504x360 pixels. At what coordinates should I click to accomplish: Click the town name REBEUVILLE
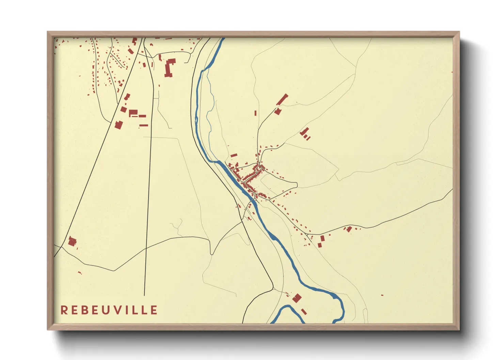pos(109,310)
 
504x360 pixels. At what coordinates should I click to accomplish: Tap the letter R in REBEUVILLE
pos(64,310)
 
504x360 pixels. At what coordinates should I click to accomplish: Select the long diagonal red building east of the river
pos(282,100)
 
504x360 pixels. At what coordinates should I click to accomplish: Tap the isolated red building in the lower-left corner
pos(72,242)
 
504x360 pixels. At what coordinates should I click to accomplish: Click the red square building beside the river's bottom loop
pos(297,298)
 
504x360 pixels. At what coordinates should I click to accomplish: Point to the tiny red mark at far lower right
pos(382,295)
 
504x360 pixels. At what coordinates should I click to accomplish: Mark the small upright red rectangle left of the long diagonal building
pos(255,113)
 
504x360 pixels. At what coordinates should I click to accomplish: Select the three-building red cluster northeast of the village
pos(305,133)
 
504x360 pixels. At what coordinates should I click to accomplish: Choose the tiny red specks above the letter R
pos(80,273)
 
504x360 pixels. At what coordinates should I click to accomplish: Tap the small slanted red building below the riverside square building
pos(304,311)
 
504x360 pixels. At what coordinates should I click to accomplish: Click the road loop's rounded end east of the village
pos(296,185)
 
